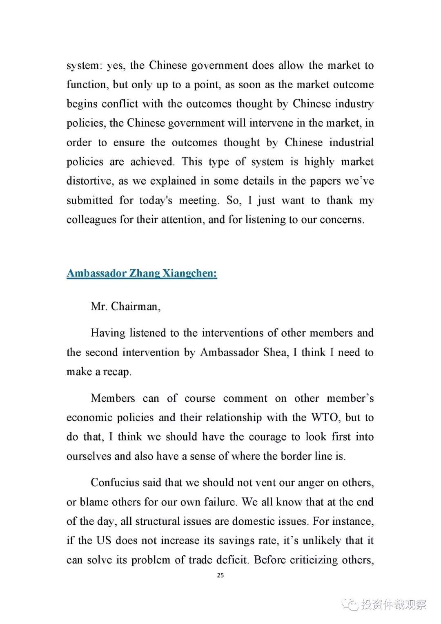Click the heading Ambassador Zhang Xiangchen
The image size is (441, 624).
click(142, 273)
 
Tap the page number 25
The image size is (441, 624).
click(220, 575)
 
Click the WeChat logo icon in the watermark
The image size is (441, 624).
click(350, 604)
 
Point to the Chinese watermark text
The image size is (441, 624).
click(394, 604)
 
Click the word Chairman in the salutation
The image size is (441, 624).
click(134, 306)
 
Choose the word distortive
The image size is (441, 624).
click(89, 181)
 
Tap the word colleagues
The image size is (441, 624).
click(91, 220)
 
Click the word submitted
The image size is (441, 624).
click(89, 201)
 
